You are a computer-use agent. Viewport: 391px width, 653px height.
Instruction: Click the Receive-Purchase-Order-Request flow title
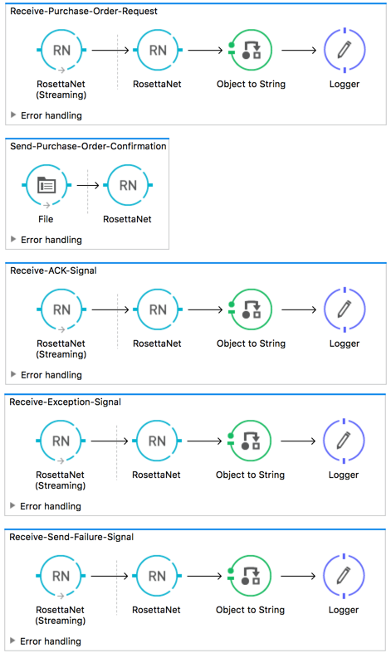point(83,12)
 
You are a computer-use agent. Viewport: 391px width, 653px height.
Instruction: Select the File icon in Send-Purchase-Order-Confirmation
point(47,185)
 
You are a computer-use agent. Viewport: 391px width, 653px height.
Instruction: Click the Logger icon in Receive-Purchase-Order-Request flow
point(344,51)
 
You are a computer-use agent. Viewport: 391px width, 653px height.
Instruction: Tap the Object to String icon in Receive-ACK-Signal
point(250,309)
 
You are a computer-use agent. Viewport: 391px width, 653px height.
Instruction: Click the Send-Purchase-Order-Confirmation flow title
point(87,146)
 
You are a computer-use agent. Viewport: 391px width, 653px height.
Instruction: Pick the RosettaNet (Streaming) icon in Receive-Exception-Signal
point(61,441)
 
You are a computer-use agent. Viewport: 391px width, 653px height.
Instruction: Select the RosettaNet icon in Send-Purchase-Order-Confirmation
point(128,185)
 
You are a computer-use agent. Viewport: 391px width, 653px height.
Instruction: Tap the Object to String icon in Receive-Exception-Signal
point(250,441)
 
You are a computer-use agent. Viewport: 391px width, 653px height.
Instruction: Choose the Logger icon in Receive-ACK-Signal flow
point(344,309)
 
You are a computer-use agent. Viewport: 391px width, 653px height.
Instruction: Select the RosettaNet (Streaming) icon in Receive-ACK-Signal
point(61,309)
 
